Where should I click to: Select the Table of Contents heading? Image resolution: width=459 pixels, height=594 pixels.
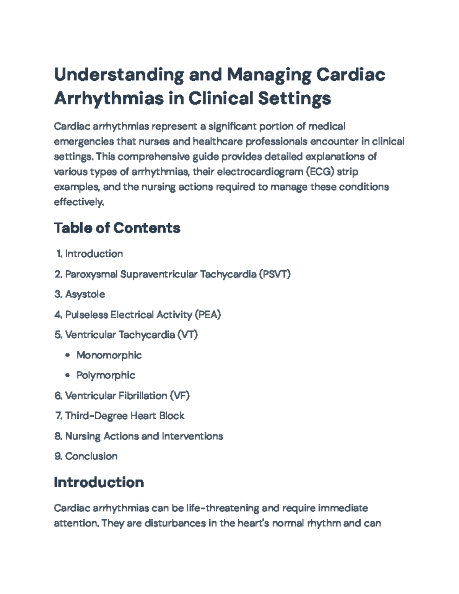pyautogui.click(x=117, y=228)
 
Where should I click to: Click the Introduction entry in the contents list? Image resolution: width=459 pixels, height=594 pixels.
pyautogui.click(x=94, y=254)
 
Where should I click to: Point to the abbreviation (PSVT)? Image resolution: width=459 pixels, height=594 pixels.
pyautogui.click(x=275, y=274)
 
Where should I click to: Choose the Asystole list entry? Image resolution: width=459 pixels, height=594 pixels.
pyautogui.click(x=85, y=294)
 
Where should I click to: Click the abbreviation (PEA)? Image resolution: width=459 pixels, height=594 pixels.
pyautogui.click(x=208, y=314)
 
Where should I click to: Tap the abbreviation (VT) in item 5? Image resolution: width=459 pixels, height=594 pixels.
pyautogui.click(x=187, y=335)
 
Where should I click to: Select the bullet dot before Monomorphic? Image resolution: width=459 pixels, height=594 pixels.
pyautogui.click(x=68, y=355)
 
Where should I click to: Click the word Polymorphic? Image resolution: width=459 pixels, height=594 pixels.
pyautogui.click(x=106, y=375)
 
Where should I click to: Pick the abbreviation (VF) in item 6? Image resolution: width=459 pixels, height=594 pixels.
pyautogui.click(x=180, y=395)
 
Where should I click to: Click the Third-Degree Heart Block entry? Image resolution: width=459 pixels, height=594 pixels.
pyautogui.click(x=125, y=416)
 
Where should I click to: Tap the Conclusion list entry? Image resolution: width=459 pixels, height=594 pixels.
pyautogui.click(x=91, y=456)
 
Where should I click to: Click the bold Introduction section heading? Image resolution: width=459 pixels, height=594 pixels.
pyautogui.click(x=99, y=482)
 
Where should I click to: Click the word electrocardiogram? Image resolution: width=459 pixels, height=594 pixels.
pyautogui.click(x=260, y=172)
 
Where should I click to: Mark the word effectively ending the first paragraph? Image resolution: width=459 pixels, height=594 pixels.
pyautogui.click(x=78, y=202)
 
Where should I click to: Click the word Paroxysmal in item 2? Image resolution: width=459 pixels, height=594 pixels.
pyautogui.click(x=91, y=274)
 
